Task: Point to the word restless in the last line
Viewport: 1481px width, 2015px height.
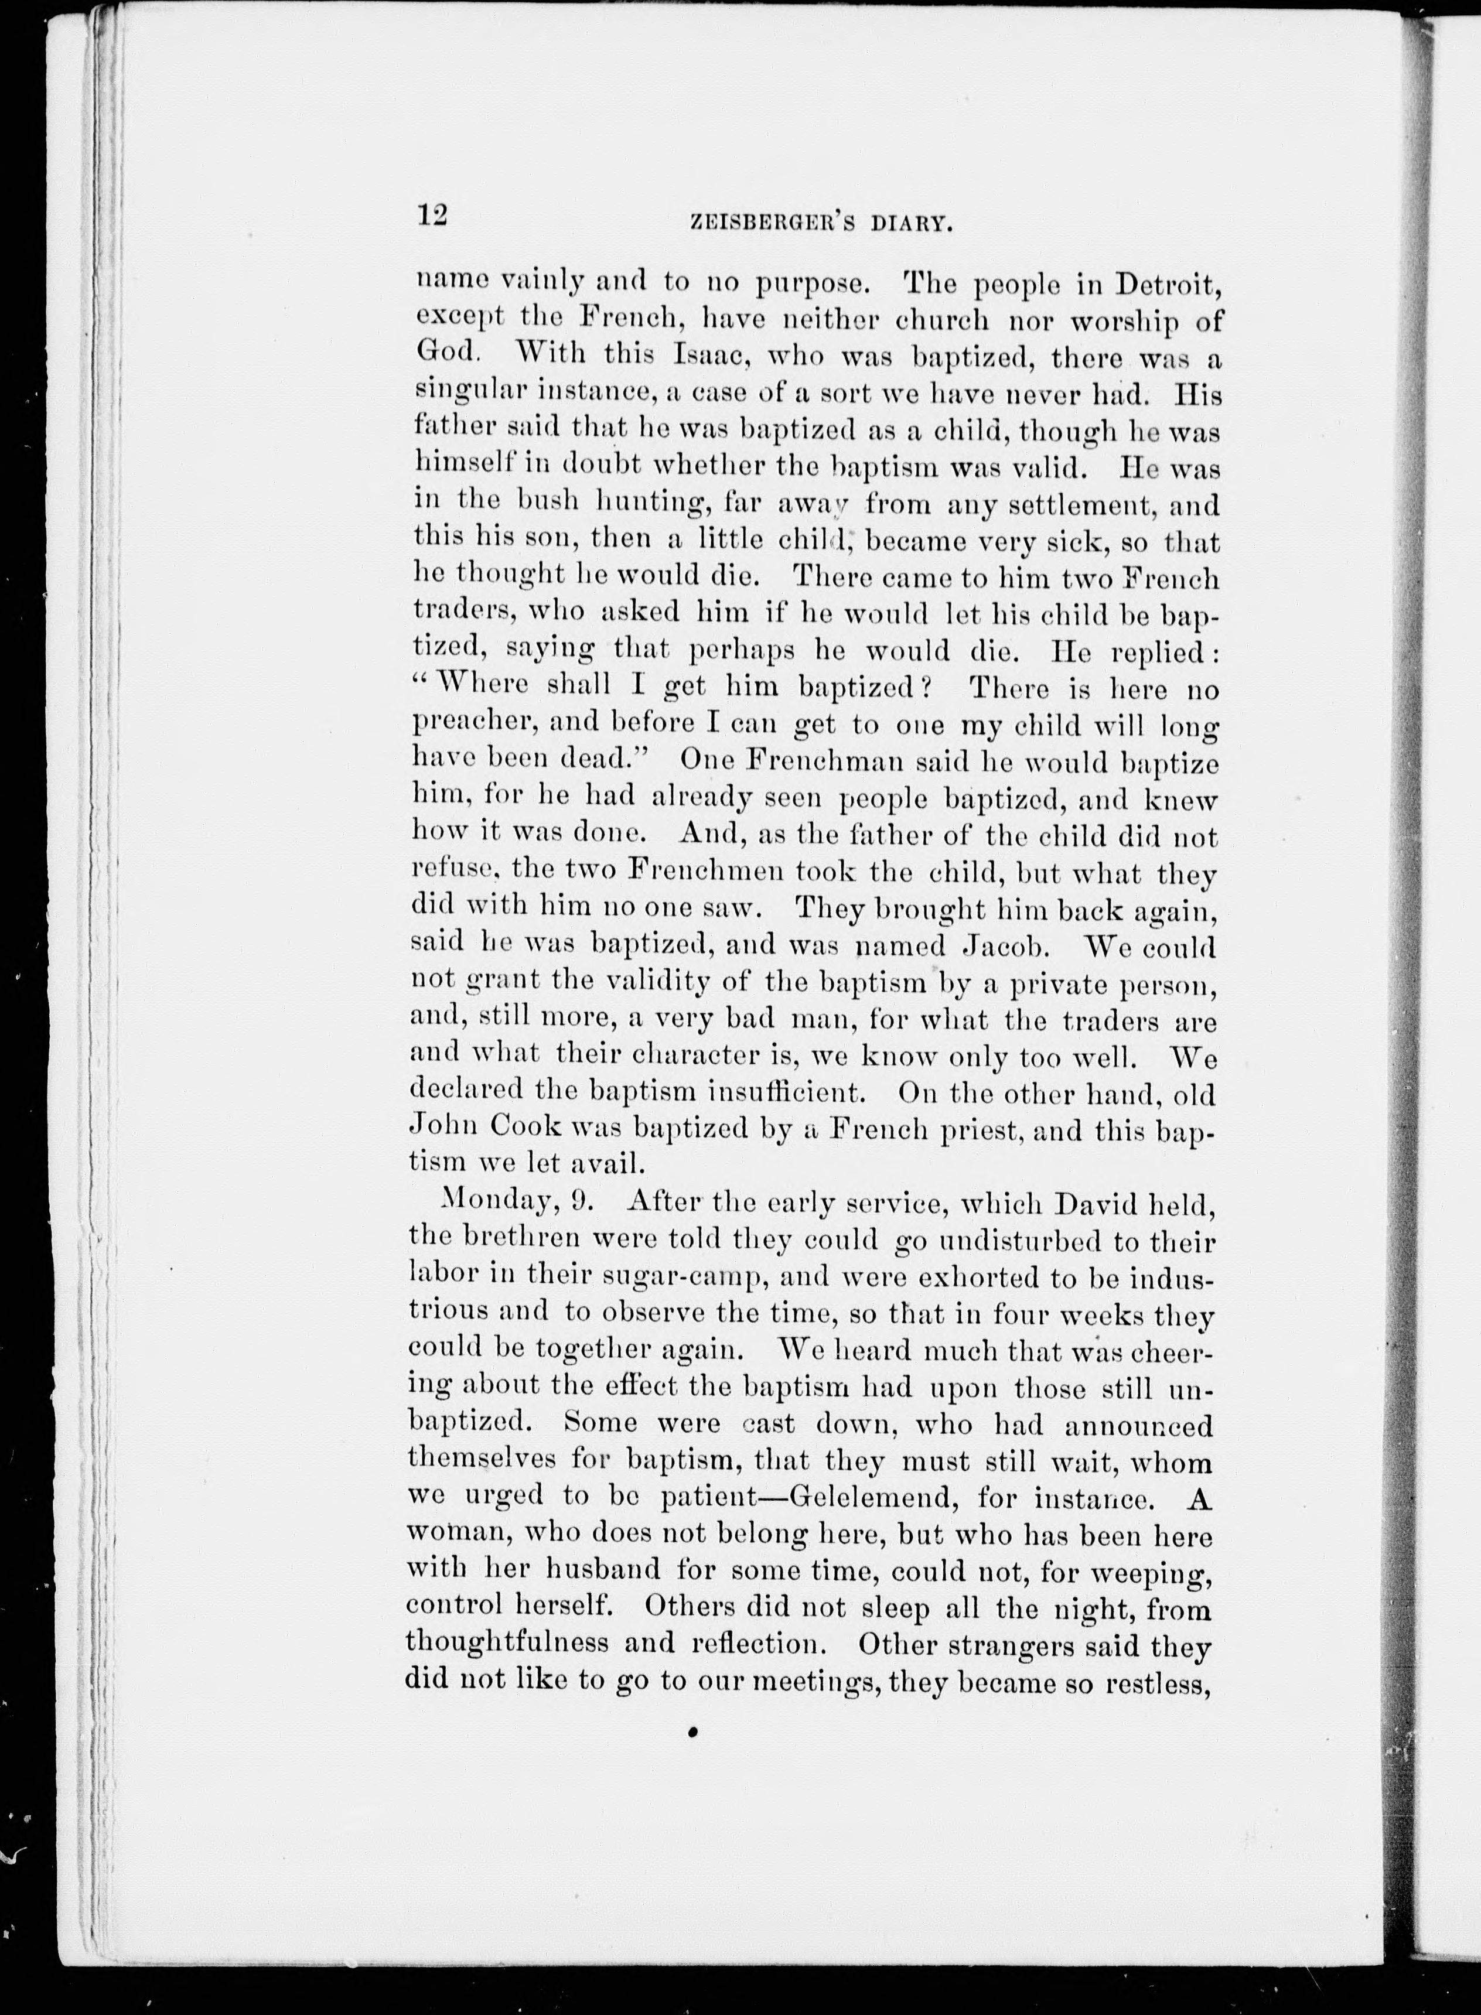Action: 1161,1682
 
